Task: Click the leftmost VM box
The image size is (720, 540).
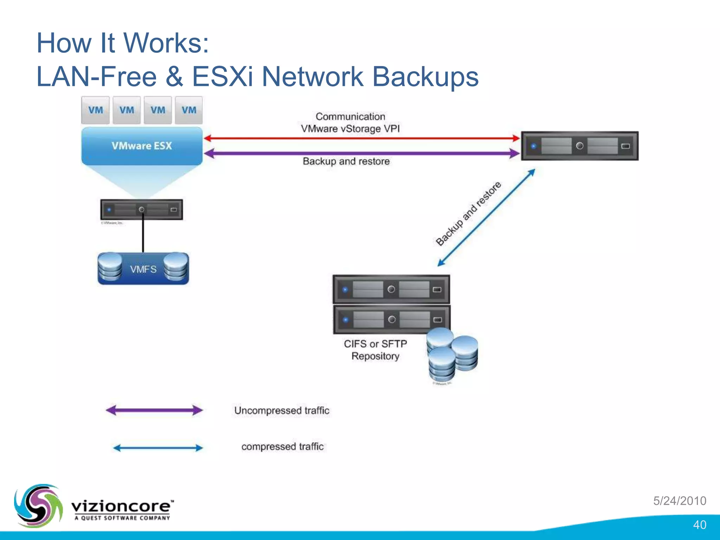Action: [95, 110]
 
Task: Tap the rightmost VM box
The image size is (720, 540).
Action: [189, 110]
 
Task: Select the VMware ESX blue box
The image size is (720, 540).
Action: [142, 146]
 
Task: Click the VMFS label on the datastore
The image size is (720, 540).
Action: [143, 269]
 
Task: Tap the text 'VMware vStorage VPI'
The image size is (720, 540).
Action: [350, 129]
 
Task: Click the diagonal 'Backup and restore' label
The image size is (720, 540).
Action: [468, 214]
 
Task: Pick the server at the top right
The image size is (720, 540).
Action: [580, 146]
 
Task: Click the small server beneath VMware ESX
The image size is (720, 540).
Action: [141, 210]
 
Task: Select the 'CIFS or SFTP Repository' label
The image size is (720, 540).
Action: [375, 350]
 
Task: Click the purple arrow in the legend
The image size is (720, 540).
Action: [154, 410]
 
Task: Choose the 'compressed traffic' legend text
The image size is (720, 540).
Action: [282, 446]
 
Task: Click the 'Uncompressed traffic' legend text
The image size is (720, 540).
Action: [282, 410]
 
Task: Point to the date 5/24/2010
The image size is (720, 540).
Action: [680, 501]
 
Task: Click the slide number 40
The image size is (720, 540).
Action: [699, 525]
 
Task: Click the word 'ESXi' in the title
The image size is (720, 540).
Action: [222, 77]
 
